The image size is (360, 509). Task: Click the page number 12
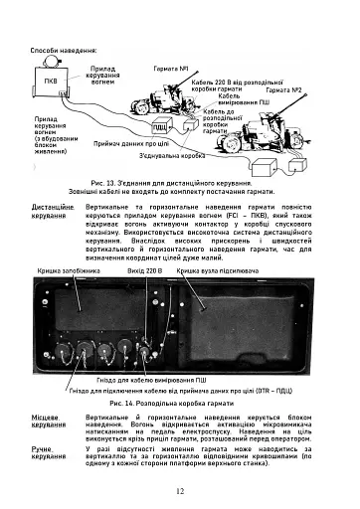(180, 490)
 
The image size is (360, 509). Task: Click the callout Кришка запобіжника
(72, 270)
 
